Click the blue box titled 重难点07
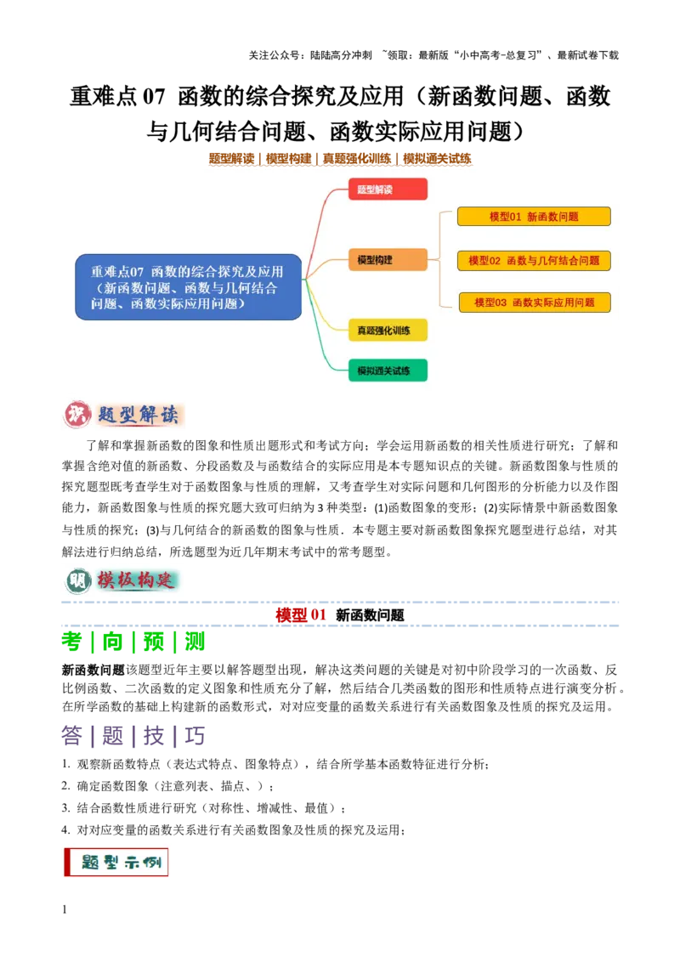point(188,286)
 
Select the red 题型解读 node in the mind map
point(388,190)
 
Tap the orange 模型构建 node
point(388,260)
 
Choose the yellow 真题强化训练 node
point(388,330)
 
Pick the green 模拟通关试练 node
point(388,371)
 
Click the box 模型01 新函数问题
point(534,217)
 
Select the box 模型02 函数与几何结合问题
point(534,260)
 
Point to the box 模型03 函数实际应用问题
point(535,302)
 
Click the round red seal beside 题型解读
point(77,414)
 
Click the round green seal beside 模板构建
point(78,580)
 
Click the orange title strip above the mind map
point(340,159)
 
